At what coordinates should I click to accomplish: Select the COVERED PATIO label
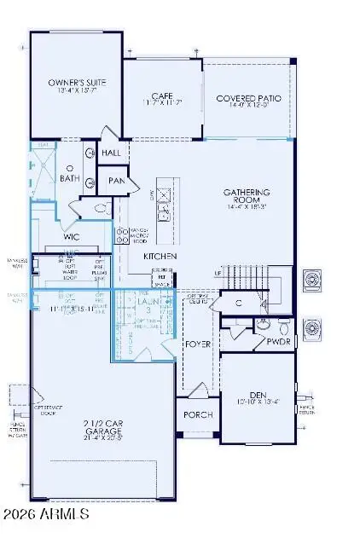point(247,99)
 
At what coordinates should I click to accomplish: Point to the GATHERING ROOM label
point(247,194)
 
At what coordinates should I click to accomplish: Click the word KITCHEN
point(160,256)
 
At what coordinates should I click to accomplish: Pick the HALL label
point(111,152)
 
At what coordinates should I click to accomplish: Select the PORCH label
point(199,414)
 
